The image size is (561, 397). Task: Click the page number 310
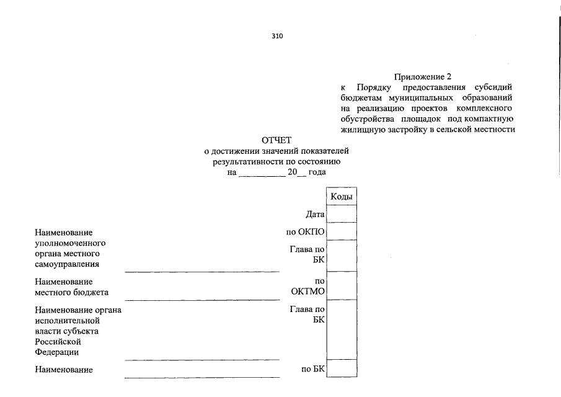277,36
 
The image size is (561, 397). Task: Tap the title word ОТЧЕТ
276,140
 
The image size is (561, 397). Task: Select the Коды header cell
342,197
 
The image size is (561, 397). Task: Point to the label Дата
315,215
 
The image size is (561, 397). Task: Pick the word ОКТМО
308,291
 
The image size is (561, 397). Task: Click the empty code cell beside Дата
342,214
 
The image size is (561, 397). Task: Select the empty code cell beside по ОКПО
342,231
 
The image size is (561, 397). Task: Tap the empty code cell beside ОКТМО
342,285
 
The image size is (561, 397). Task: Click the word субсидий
493,87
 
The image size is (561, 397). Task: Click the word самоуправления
68,264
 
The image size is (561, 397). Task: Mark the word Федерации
57,352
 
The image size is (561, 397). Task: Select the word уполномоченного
71,243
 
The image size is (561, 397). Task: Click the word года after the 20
317,172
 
